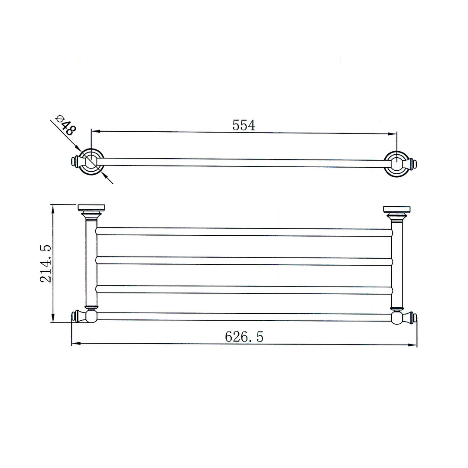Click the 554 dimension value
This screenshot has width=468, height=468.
point(244,125)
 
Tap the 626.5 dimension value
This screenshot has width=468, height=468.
point(244,337)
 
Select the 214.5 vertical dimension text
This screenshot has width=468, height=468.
point(46,263)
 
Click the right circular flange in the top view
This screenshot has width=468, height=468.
point(396,164)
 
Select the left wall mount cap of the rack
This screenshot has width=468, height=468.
point(90,208)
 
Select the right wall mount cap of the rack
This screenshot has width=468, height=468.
point(396,210)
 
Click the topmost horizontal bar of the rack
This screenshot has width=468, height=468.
point(244,232)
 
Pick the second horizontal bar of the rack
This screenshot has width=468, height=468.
point(244,261)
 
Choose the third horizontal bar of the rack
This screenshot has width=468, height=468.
point(244,289)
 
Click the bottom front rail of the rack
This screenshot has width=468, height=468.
point(244,317)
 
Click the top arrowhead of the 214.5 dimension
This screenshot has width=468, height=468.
point(53,208)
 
